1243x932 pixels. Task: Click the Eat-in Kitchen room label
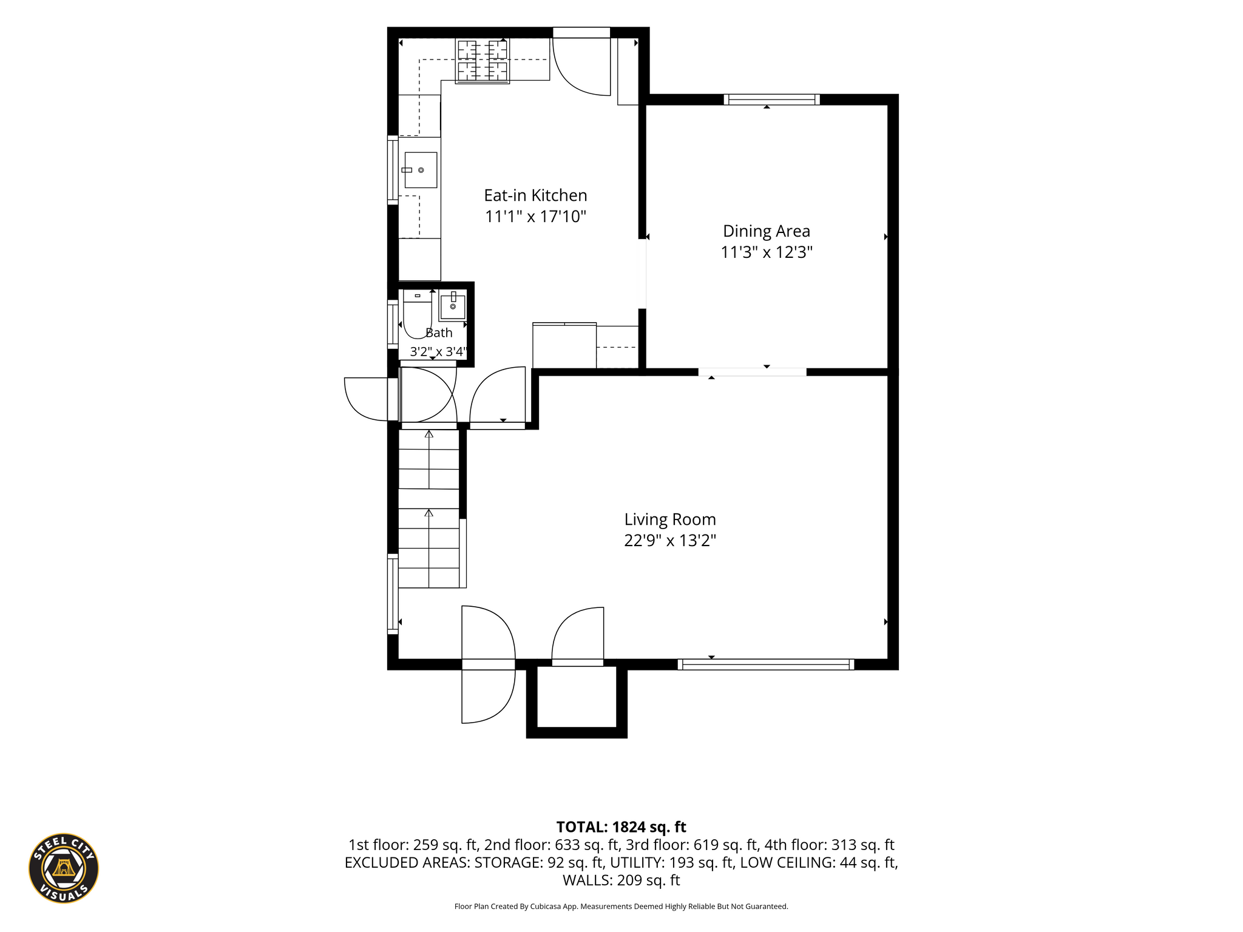pos(535,195)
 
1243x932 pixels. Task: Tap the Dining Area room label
pos(767,231)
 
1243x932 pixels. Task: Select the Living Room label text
pos(670,519)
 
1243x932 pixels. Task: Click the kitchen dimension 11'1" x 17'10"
pos(535,217)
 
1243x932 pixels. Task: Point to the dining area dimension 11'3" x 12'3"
pos(767,252)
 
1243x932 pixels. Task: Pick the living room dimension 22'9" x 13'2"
pos(670,540)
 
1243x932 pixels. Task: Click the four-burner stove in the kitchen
pos(483,60)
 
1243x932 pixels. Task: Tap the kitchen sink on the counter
pos(420,170)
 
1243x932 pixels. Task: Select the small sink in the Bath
pos(453,305)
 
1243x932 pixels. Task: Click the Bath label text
pos(439,333)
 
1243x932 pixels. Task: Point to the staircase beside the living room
pos(429,508)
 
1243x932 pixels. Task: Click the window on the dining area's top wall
pos(771,100)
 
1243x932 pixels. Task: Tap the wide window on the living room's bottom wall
pos(766,664)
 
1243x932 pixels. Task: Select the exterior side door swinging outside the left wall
pos(366,399)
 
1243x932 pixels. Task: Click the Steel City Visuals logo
pos(64,868)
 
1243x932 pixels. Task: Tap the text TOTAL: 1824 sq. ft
pos(621,827)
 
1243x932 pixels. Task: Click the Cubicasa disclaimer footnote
pos(621,907)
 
